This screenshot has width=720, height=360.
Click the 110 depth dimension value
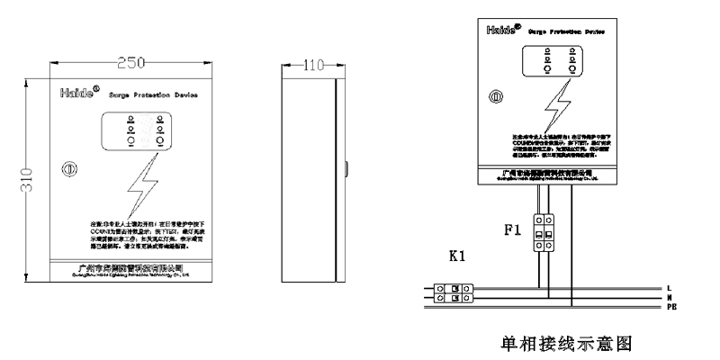310,66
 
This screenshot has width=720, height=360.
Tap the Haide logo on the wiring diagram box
500,29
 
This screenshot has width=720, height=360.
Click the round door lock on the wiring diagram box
495,95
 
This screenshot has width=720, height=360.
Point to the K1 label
456,256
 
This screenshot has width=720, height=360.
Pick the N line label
669,298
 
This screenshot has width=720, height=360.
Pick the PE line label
670,308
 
